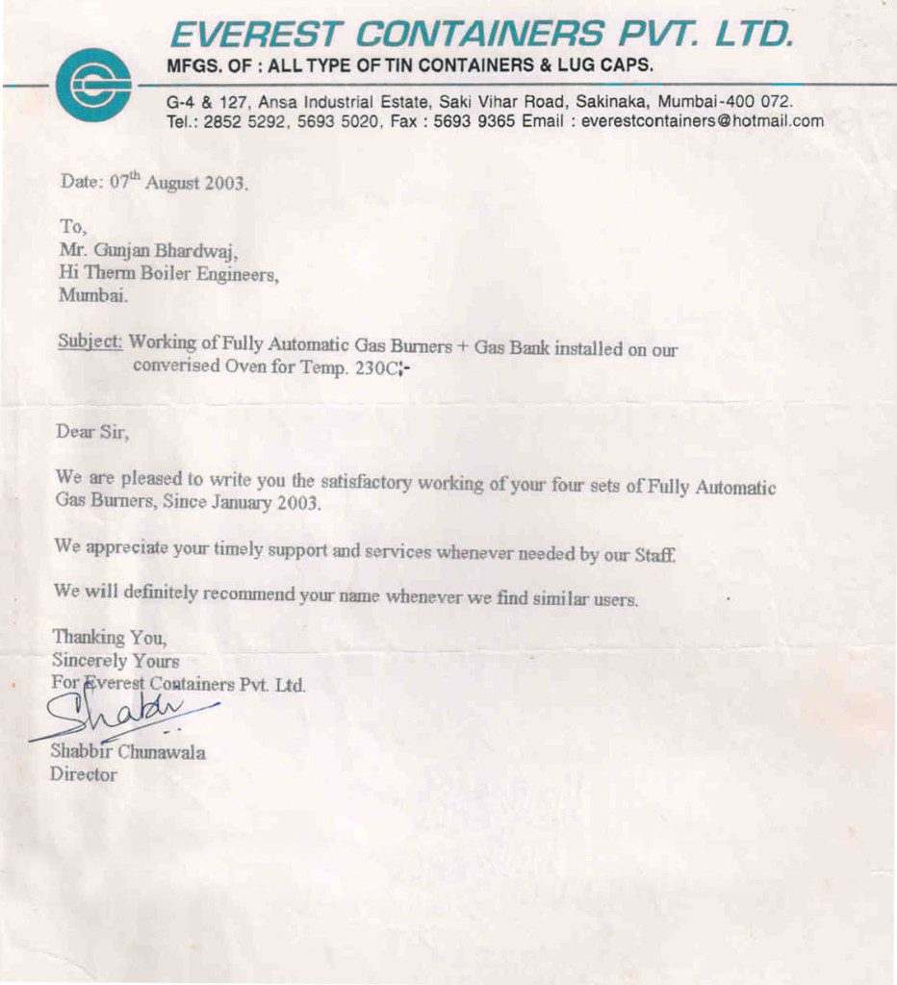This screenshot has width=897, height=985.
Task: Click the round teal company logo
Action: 93,85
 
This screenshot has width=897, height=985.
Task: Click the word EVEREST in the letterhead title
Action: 253,36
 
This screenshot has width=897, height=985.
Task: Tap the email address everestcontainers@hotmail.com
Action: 703,121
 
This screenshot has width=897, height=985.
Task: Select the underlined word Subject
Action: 90,341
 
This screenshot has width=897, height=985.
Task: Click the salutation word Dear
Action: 75,432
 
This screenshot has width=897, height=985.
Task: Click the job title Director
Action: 84,774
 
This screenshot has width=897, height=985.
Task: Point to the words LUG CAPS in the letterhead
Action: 603,66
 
